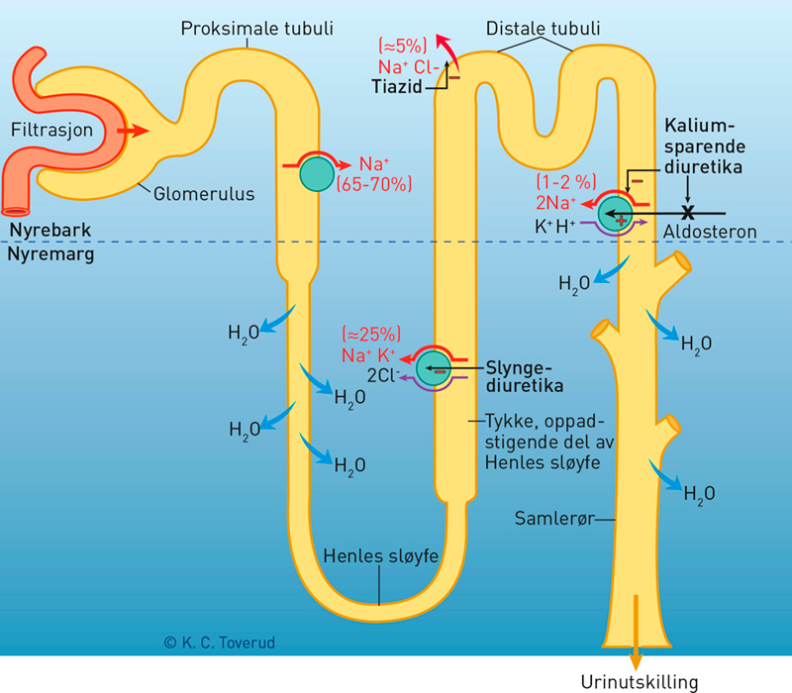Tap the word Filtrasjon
pyautogui.click(x=51, y=130)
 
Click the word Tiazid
pyautogui.click(x=400, y=87)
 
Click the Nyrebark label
pyautogui.click(x=50, y=230)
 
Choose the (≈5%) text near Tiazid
pyautogui.click(x=403, y=46)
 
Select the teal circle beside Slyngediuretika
pyautogui.click(x=434, y=368)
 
